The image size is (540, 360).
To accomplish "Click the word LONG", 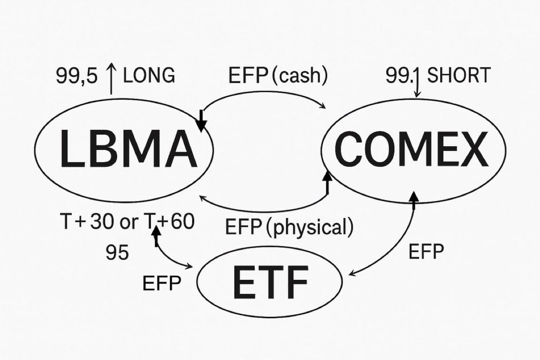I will click(x=149, y=75).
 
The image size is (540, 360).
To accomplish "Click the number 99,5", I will click(x=76, y=76).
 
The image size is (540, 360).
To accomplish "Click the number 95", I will click(x=117, y=253).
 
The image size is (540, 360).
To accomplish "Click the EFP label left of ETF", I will click(x=161, y=283).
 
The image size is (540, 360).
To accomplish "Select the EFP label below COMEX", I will click(x=426, y=251).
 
